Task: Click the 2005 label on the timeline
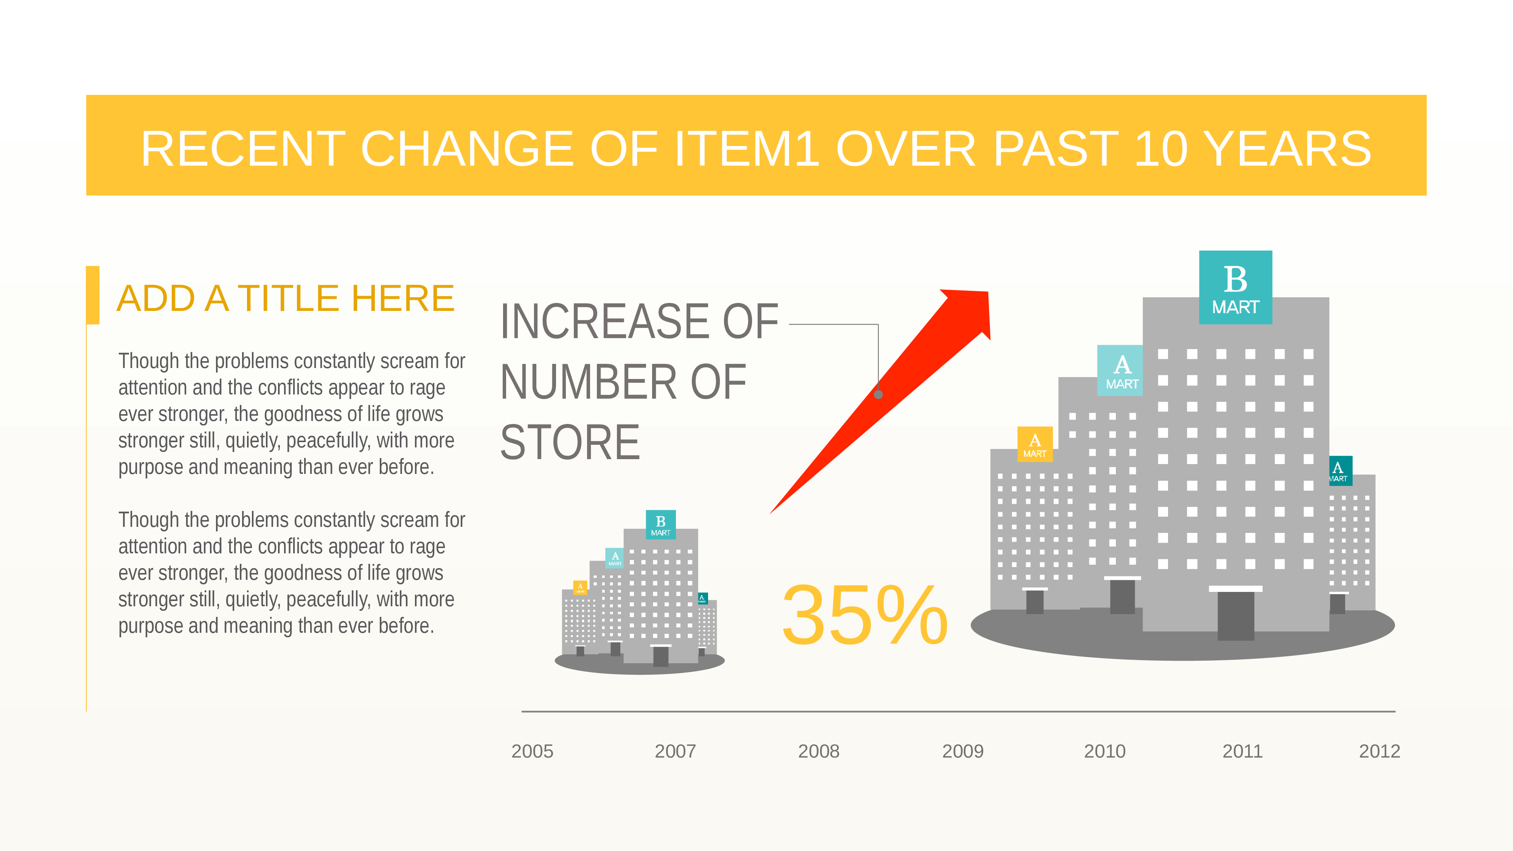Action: click(x=532, y=751)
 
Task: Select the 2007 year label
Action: click(x=676, y=751)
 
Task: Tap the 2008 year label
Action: click(x=819, y=751)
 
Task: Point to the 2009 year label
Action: click(x=963, y=751)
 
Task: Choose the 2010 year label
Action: click(x=1105, y=751)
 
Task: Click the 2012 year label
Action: click(x=1380, y=751)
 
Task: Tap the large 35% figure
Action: click(x=865, y=615)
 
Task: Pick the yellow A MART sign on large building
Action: click(x=1035, y=444)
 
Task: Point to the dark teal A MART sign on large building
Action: click(x=1340, y=471)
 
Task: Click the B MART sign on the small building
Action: click(x=661, y=525)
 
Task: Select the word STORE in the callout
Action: click(x=570, y=442)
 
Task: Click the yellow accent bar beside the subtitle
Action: click(x=93, y=295)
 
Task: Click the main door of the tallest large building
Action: click(x=1236, y=615)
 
